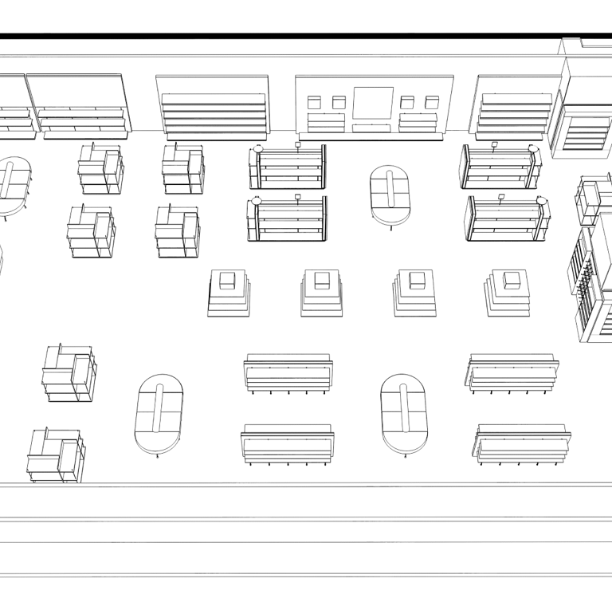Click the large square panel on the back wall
coord(373,103)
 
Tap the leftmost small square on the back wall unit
coord(314,102)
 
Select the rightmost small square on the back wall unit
coord(432,102)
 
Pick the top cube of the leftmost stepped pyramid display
coord(228,280)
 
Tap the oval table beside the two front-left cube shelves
coord(159,415)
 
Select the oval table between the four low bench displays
coord(404,412)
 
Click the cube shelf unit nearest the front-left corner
coord(57,456)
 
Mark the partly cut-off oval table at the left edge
coord(13,187)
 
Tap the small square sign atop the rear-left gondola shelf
coord(298,144)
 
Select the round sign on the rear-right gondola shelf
coord(533,149)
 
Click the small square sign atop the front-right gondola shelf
coord(502,195)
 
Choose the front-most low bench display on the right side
coord(523,445)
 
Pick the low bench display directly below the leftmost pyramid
coord(288,373)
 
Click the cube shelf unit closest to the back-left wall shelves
coord(100,168)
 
